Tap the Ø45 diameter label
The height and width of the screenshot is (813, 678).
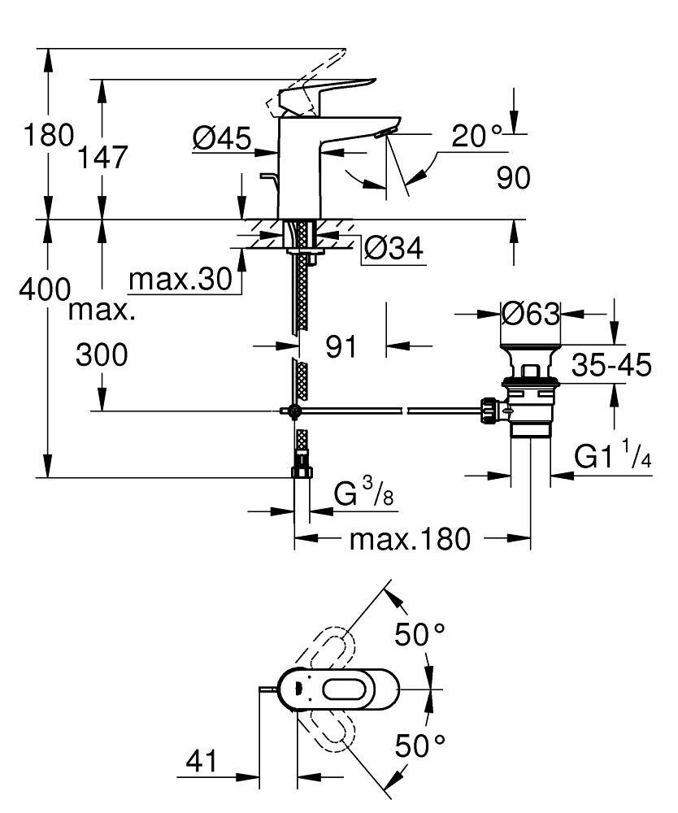click(221, 141)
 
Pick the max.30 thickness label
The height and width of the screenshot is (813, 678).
click(180, 280)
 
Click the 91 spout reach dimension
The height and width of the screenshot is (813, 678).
click(342, 347)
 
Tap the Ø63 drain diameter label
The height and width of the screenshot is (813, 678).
click(531, 313)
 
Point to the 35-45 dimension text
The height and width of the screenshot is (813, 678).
click(611, 366)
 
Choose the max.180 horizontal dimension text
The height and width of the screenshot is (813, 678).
click(410, 538)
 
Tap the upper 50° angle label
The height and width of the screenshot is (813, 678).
click(421, 634)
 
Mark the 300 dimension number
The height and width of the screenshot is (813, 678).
click(102, 354)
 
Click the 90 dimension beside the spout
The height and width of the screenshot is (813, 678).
click(513, 177)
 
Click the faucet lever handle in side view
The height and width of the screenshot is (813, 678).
click(325, 91)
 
